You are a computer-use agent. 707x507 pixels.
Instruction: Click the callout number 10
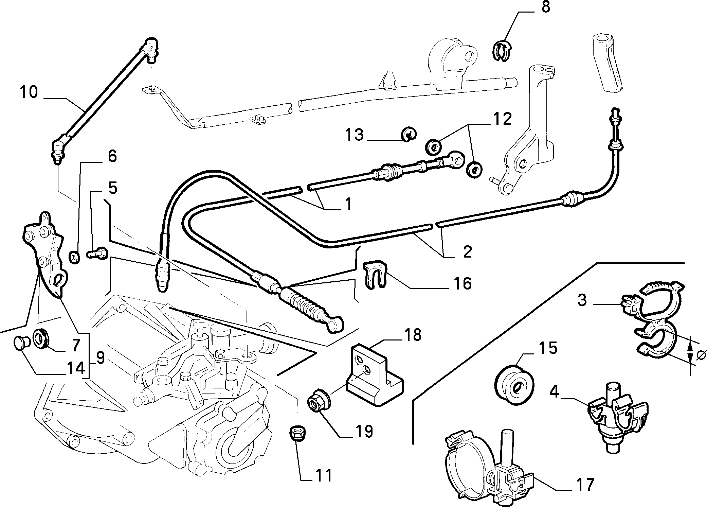(29, 92)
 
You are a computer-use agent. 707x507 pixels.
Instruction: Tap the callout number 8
(545, 7)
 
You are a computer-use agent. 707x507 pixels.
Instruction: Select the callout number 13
(355, 135)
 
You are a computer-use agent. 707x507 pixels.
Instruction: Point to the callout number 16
(462, 283)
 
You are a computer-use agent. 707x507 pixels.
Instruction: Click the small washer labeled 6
(74, 257)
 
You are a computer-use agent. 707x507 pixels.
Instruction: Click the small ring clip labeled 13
(409, 135)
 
